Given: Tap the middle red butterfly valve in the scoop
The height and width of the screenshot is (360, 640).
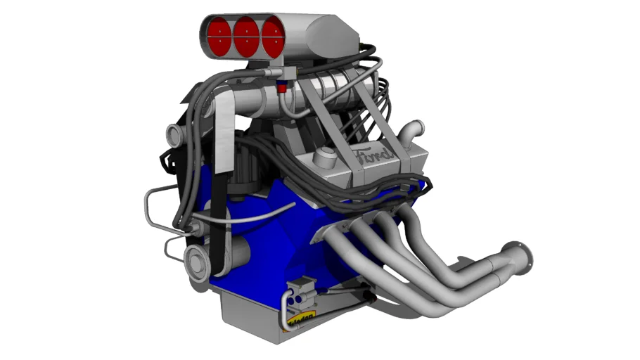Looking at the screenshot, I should point(246,37).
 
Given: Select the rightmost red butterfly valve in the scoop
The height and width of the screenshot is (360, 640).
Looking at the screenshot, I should point(274,38).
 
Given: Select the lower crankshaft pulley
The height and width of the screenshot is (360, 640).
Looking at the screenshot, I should point(198,262).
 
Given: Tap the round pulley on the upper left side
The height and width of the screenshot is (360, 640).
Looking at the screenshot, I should point(174,132).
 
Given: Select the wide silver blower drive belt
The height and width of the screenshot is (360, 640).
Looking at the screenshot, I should point(224,127).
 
